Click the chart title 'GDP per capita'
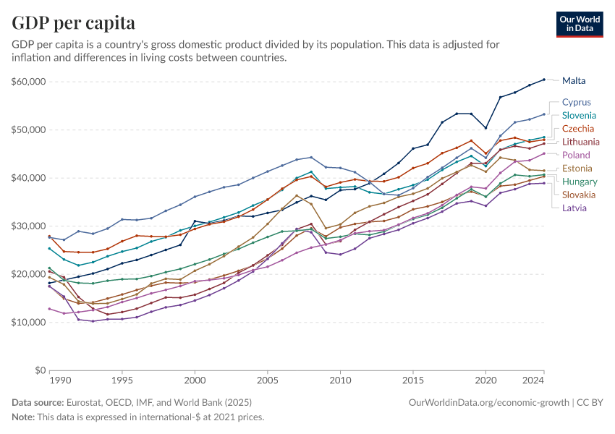coord(74,23)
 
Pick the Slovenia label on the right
coord(579,116)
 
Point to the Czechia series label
coord(578,129)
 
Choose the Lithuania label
coord(580,142)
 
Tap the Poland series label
coord(576,155)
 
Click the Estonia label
coord(577,169)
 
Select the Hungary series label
coord(579,182)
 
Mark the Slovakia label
coord(579,195)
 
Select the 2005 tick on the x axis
coord(268,380)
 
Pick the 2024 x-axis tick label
coord(533,380)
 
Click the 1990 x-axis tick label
coord(60,380)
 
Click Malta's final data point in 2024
coord(544,80)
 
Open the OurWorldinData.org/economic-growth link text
coord(488,402)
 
